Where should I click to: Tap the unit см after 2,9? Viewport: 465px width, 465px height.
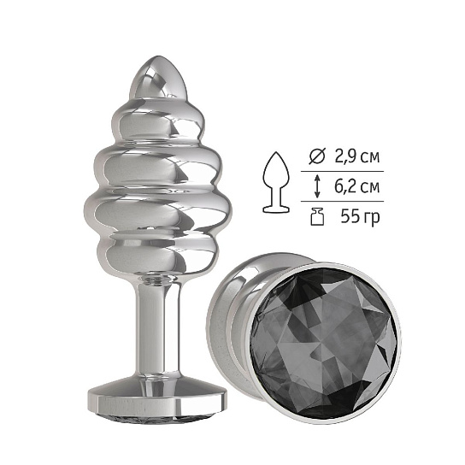click(369, 156)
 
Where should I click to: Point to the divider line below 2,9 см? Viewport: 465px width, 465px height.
click(343, 172)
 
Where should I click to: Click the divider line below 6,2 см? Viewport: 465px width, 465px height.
click(343, 202)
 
